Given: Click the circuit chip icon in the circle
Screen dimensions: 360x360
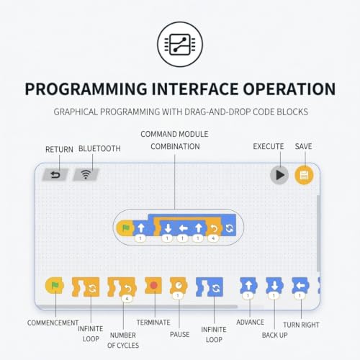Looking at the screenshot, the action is (x=180, y=45).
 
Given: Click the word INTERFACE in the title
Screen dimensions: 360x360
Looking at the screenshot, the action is (x=194, y=89).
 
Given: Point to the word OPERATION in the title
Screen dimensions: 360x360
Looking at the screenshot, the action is (x=289, y=89).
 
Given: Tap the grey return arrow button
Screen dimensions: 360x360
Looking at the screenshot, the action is (x=55, y=175).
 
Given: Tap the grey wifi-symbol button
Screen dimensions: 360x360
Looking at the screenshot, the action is (x=86, y=174).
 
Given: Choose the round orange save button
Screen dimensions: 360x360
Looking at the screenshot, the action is (x=304, y=175).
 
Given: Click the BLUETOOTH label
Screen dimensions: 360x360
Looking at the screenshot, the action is (x=99, y=149).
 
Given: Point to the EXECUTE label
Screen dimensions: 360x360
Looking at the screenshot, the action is (x=269, y=146).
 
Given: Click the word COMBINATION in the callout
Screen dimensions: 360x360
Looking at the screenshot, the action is (x=175, y=146).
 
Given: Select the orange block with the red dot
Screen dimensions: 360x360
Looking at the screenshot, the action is (x=153, y=285).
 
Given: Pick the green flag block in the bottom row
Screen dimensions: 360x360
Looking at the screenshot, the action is (x=55, y=285).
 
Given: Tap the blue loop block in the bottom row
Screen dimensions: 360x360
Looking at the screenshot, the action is (x=210, y=287).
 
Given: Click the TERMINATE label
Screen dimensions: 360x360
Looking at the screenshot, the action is (x=153, y=323).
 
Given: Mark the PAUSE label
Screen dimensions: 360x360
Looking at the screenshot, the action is (x=179, y=334).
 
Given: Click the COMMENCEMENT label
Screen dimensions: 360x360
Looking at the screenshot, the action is (x=53, y=323).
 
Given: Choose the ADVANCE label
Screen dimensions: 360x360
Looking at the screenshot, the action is (x=250, y=322).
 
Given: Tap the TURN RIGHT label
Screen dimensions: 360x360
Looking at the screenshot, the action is (x=301, y=325).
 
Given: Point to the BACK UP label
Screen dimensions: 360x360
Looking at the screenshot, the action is (x=275, y=335).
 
